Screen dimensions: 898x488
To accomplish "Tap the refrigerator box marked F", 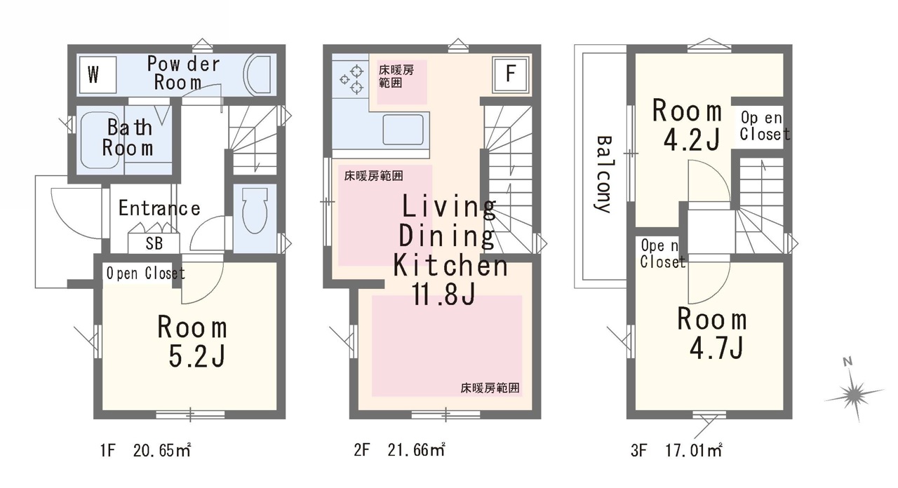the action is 511,75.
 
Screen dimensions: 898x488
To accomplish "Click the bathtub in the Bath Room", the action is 100,140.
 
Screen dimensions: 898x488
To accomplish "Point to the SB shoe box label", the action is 154,243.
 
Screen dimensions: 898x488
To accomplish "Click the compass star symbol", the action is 854,395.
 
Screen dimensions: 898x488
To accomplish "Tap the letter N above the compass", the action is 847,362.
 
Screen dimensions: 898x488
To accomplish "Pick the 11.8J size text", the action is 444,294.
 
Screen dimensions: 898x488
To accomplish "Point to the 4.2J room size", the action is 692,139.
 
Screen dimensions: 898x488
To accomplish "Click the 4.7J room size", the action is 716,347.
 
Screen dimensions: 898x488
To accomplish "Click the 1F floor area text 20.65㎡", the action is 162,450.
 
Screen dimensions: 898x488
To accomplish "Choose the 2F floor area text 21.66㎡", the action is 417,449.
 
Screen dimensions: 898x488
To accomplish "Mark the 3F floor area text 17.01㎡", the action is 694,450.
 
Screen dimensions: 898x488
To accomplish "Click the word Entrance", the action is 159,208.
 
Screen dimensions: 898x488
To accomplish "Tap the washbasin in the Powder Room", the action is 260,74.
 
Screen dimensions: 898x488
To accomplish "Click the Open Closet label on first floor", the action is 145,273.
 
